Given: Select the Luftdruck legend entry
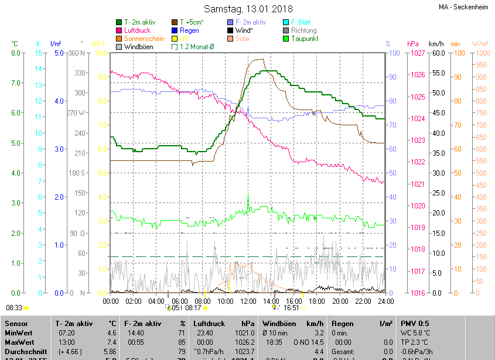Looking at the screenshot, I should [138, 30].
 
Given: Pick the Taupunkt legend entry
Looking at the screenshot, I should [306, 39].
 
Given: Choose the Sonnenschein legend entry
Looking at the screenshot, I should [144, 39].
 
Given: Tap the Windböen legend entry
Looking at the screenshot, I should [138, 47].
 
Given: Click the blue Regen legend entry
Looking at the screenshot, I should [189, 30].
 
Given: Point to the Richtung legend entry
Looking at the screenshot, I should [303, 30].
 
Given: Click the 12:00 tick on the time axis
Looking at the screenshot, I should [248, 301].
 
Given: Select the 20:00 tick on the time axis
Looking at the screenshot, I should [340, 301].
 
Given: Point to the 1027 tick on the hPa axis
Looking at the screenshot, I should [418, 53].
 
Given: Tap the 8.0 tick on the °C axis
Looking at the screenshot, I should [16, 53].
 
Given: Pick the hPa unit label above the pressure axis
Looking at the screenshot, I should [413, 44].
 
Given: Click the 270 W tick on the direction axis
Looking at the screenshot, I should [77, 113].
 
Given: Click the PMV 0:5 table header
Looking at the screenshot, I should [415, 323].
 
